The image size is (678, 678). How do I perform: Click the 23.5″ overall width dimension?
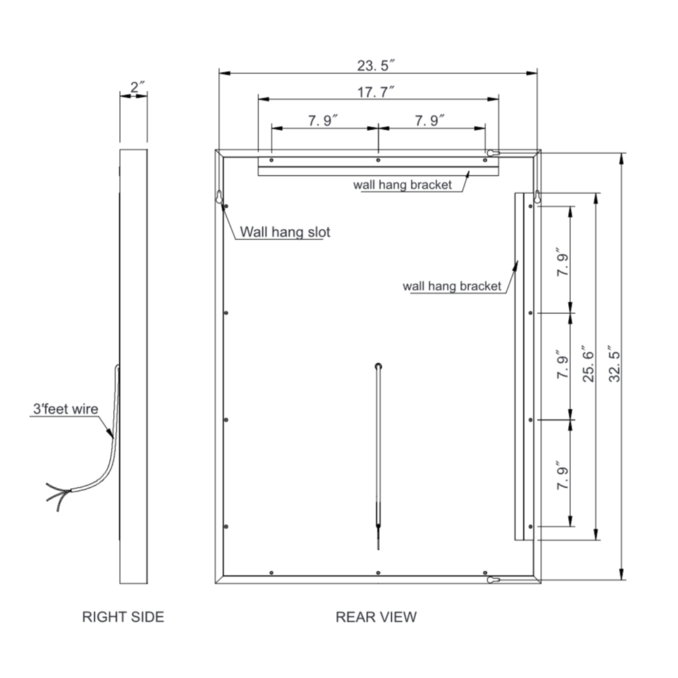coord(376,66)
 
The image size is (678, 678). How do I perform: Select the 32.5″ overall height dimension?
coord(614,367)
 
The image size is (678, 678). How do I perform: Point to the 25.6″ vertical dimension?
coord(587,365)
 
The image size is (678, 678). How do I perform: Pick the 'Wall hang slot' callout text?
coord(285,233)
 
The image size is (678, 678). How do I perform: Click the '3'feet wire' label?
coord(66,409)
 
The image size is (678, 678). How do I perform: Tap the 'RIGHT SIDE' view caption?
coord(123,617)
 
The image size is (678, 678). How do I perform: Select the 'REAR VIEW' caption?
coord(376,617)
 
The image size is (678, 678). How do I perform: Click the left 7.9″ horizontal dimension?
coord(323,121)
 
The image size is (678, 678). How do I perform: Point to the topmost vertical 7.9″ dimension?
coord(560,260)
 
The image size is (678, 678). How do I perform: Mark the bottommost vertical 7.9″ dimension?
coord(560,474)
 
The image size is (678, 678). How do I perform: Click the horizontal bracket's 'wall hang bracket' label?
coord(402,185)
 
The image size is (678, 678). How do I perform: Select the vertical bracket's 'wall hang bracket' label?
coord(452,286)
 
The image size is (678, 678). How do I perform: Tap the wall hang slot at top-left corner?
coord(219,197)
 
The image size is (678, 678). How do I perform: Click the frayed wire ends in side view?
coord(56,492)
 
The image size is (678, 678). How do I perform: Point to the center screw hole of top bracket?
coord(378,161)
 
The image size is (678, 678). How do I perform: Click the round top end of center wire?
coord(378,366)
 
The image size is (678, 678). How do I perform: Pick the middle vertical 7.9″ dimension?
coord(560,367)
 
